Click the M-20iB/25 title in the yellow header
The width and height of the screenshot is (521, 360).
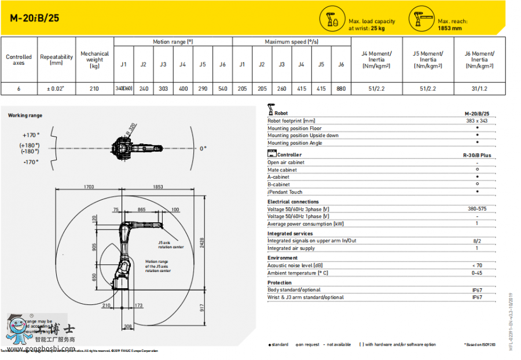(35, 18)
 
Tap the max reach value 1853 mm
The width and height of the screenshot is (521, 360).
(450, 28)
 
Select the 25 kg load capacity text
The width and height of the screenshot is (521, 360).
(377, 28)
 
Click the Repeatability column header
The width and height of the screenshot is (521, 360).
(56, 60)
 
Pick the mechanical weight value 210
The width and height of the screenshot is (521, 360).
(94, 89)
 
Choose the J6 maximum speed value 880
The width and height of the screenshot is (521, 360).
(341, 89)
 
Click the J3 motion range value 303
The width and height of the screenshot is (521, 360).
(163, 89)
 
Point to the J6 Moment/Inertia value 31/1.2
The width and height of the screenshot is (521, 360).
(479, 89)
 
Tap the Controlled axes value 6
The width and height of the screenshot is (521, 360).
(19, 89)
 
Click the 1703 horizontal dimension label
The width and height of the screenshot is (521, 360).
(89, 187)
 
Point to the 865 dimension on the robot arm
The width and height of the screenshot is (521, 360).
(141, 210)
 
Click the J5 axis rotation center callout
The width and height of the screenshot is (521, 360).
(170, 245)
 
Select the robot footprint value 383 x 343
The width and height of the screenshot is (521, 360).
(476, 121)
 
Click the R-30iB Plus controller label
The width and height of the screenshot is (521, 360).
(476, 155)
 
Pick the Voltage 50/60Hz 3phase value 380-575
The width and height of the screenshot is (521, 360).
(476, 209)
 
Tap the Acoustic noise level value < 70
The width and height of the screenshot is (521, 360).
(476, 266)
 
